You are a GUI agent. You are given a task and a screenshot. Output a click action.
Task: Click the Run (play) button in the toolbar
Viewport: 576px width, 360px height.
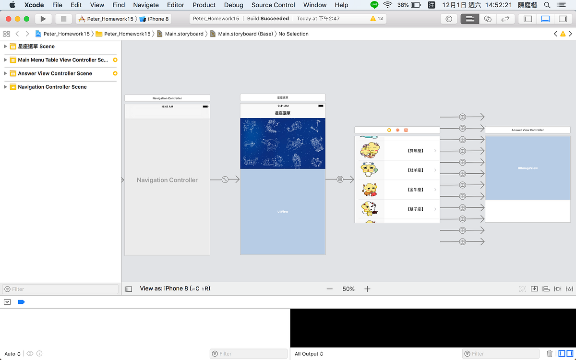[x=43, y=19]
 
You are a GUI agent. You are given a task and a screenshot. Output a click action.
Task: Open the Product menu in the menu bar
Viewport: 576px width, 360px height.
[x=204, y=5]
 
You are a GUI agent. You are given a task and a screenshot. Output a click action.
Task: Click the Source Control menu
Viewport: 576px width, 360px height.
[x=273, y=5]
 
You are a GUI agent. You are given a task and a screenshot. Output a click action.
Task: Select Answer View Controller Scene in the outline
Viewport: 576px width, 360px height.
[x=55, y=73]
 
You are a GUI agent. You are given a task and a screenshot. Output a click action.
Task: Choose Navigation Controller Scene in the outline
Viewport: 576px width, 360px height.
[x=52, y=87]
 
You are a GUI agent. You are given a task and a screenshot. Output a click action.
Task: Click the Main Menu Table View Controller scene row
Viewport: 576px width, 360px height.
[x=62, y=60]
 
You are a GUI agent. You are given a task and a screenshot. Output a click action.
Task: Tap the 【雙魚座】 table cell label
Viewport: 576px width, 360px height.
[x=415, y=151]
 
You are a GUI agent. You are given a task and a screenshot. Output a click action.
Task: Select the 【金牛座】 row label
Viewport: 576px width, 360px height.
[x=415, y=190]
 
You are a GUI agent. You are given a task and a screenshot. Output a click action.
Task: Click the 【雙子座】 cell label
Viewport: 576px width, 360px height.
[x=415, y=209]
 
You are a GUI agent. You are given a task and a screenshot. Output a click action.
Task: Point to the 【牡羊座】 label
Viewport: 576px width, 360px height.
[x=415, y=170]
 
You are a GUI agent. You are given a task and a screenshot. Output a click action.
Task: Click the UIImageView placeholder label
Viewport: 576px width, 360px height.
[x=528, y=168]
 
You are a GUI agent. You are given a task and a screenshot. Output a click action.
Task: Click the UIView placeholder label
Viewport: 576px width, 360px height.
[x=283, y=212]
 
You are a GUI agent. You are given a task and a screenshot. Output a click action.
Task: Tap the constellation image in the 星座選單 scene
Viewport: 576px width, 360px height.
[x=283, y=144]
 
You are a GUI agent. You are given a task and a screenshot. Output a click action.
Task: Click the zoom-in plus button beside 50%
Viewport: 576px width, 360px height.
[x=367, y=289]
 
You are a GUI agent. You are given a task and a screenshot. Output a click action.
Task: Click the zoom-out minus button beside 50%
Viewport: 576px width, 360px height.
[x=329, y=289]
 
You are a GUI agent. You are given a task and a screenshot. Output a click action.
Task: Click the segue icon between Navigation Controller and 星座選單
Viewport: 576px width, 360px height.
[x=225, y=180]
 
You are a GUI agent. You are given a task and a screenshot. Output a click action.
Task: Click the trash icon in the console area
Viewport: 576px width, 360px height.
[x=550, y=354]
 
